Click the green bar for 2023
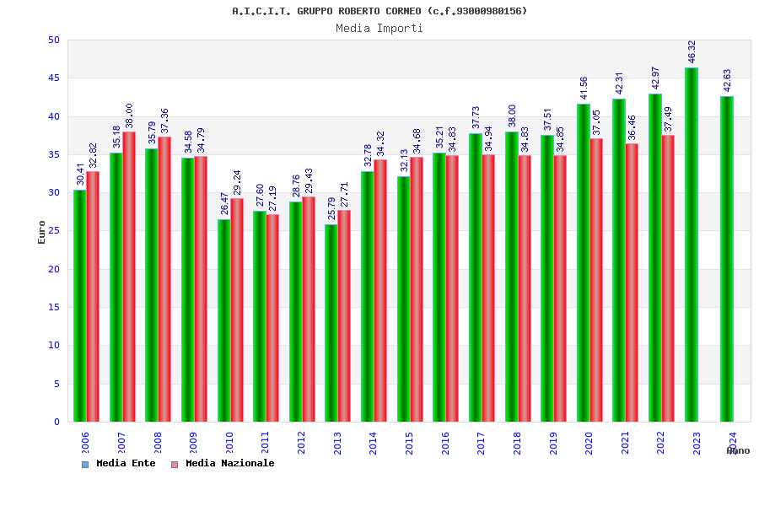[692, 245]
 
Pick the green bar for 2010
[223, 320]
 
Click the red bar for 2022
[668, 278]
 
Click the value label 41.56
[584, 89]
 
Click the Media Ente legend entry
[119, 463]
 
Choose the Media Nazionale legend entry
[223, 463]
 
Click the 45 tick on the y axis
[54, 78]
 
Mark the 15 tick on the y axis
[54, 307]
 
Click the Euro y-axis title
[42, 232]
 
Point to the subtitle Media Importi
[379, 28]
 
